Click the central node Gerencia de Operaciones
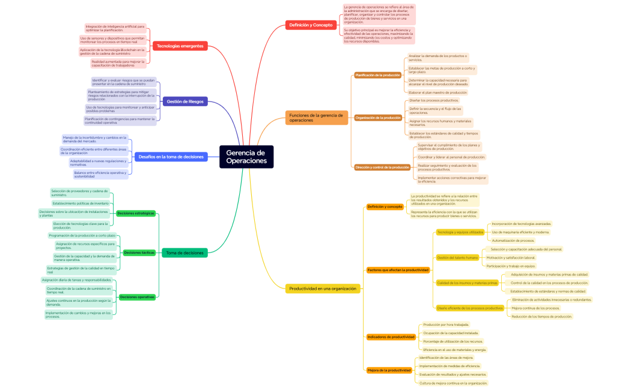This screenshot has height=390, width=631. coord(246,157)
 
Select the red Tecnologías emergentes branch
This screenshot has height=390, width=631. coord(180,46)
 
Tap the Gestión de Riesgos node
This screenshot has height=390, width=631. coord(185,101)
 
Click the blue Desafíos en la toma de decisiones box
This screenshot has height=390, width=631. coord(171,157)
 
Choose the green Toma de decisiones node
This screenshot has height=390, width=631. coord(184,253)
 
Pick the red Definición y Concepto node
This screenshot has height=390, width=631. coord(311,25)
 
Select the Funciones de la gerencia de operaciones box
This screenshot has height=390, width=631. coord(317,118)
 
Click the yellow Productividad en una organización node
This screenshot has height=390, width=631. coord(323,289)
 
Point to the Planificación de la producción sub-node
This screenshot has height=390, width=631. coord(377,75)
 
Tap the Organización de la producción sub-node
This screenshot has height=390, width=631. coord(378,118)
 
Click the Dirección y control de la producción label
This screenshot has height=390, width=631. coord(382,167)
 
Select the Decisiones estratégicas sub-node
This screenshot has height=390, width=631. coord(136,213)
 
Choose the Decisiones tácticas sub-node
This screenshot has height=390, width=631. coord(139,253)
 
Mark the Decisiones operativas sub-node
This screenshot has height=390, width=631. coord(137,296)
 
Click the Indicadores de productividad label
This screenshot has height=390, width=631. coord(391,337)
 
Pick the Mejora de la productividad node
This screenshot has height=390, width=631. coord(389,370)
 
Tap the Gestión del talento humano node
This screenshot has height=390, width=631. coord(457,257)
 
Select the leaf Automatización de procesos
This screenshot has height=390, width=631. coord(513,241)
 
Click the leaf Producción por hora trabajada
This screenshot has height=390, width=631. coord(446,325)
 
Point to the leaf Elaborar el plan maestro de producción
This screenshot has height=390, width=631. coord(437,92)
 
